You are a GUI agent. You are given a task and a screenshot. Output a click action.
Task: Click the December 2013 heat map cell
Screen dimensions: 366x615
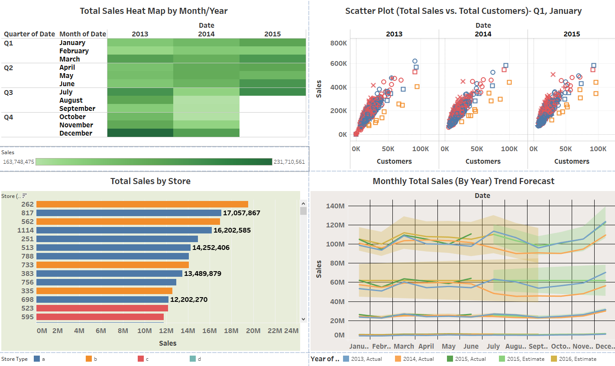point(140,133)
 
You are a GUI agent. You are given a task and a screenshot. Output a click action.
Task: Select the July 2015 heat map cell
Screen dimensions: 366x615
point(272,92)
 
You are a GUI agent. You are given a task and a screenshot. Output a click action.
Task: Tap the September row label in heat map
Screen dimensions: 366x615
point(77,108)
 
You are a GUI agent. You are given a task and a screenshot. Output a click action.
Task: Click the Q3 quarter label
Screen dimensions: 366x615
point(9,92)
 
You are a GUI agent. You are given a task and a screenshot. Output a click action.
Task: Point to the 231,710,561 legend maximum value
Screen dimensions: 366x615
point(289,162)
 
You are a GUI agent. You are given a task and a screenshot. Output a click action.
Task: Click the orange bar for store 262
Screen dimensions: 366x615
point(142,204)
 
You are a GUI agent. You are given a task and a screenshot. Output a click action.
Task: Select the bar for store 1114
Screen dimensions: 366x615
point(124,230)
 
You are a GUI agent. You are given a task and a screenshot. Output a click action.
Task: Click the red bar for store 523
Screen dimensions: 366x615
point(102,308)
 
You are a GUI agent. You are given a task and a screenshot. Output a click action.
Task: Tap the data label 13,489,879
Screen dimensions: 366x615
point(203,274)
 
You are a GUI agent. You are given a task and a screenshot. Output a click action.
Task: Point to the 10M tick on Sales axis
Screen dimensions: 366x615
point(144,330)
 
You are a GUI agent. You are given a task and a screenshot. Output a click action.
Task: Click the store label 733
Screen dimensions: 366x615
point(27,265)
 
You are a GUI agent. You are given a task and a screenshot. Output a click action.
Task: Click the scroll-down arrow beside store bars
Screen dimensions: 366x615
point(303,319)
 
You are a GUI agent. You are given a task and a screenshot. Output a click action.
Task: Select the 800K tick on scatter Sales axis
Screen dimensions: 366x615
point(338,43)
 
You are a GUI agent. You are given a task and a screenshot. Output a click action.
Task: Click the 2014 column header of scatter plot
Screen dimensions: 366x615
point(483,34)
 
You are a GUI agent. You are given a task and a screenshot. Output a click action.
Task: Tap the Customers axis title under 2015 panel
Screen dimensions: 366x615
point(572,161)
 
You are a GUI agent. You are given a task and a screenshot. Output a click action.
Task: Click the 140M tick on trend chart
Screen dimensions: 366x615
point(335,206)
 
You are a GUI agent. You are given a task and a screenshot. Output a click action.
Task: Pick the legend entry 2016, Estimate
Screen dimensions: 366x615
point(573,359)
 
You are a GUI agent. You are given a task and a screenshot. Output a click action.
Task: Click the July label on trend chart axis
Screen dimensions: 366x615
point(493,346)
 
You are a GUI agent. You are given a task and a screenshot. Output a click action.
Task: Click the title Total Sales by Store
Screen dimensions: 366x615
point(150,181)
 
